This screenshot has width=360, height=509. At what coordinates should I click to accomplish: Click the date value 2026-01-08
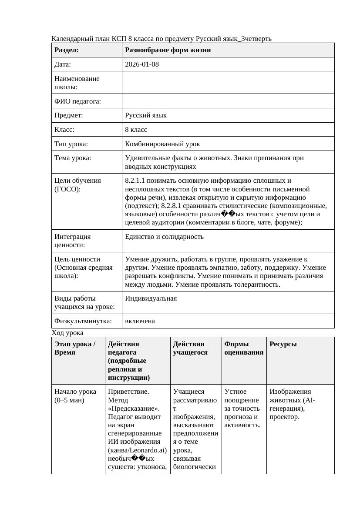142,64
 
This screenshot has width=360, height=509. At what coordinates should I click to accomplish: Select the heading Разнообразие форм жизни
168,50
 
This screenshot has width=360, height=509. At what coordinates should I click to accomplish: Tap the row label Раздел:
66,50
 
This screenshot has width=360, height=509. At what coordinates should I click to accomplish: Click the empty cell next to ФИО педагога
228,101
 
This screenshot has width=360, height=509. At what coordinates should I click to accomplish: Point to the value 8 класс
136,130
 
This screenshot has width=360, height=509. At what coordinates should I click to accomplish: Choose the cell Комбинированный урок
162,144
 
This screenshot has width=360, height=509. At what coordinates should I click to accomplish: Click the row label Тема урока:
73,158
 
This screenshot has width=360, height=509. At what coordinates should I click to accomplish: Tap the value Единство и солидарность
164,237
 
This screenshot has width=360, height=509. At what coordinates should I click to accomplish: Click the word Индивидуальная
151,298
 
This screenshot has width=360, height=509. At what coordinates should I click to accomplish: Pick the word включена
140,321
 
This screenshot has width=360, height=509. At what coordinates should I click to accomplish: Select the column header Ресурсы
283,344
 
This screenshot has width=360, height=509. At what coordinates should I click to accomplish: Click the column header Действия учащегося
188,348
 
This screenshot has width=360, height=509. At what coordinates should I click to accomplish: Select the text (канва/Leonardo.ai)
137,450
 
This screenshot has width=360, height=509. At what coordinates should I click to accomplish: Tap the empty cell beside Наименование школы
228,83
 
